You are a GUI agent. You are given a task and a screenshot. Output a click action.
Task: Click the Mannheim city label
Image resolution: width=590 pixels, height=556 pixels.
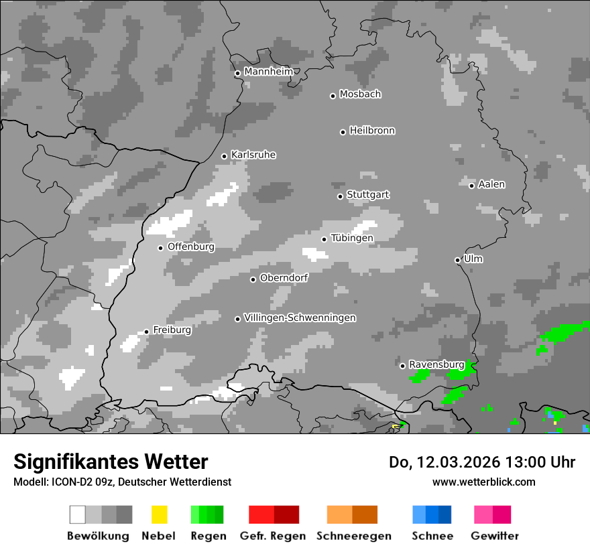pyautogui.click(x=268, y=72)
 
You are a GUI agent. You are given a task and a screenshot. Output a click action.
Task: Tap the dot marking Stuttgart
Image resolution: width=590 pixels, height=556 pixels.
pyautogui.click(x=340, y=196)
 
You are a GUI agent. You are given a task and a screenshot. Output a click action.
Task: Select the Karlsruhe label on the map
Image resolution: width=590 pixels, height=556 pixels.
pyautogui.click(x=253, y=155)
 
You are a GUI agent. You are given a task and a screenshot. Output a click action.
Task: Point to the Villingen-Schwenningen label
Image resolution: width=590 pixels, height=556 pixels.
pyautogui.click(x=300, y=318)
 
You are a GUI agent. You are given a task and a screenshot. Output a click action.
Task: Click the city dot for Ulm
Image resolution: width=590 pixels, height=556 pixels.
pyautogui.click(x=457, y=260)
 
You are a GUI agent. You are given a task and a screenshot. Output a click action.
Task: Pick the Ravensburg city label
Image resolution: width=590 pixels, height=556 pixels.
pyautogui.click(x=436, y=364)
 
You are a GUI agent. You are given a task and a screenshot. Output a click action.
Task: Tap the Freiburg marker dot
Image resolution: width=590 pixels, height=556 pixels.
pyautogui.click(x=146, y=332)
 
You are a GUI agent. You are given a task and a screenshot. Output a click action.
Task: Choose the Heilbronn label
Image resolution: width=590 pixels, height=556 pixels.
pyautogui.click(x=372, y=131)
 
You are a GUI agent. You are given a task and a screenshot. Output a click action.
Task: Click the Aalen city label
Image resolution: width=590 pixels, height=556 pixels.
pyautogui.click(x=491, y=184)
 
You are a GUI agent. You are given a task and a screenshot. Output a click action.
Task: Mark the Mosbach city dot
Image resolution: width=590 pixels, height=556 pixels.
pyautogui.click(x=333, y=96)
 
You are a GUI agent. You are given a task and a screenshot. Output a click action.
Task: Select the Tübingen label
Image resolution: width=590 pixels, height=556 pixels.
pyautogui.click(x=352, y=238)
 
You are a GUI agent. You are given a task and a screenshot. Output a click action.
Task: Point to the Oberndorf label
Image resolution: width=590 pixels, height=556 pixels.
pyautogui.click(x=284, y=278)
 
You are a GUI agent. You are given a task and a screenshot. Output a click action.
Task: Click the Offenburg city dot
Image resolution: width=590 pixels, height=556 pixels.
pyautogui.click(x=160, y=248)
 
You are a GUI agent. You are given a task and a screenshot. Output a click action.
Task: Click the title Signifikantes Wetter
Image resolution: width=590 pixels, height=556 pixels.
pyautogui.click(x=111, y=462)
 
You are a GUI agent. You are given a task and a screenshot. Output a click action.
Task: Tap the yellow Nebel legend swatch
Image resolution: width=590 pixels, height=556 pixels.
pyautogui.click(x=159, y=514)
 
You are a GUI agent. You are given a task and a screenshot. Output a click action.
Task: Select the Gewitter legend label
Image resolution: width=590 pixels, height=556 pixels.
pyautogui.click(x=495, y=536)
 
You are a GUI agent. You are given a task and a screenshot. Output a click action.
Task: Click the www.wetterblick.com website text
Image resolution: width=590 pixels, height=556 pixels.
pyautogui.click(x=483, y=482)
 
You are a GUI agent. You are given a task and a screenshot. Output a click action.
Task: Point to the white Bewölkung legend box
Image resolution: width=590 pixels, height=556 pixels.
pyautogui.click(x=77, y=514)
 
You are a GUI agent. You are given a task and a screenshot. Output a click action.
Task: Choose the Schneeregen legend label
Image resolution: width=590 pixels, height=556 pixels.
pyautogui.click(x=353, y=536)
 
